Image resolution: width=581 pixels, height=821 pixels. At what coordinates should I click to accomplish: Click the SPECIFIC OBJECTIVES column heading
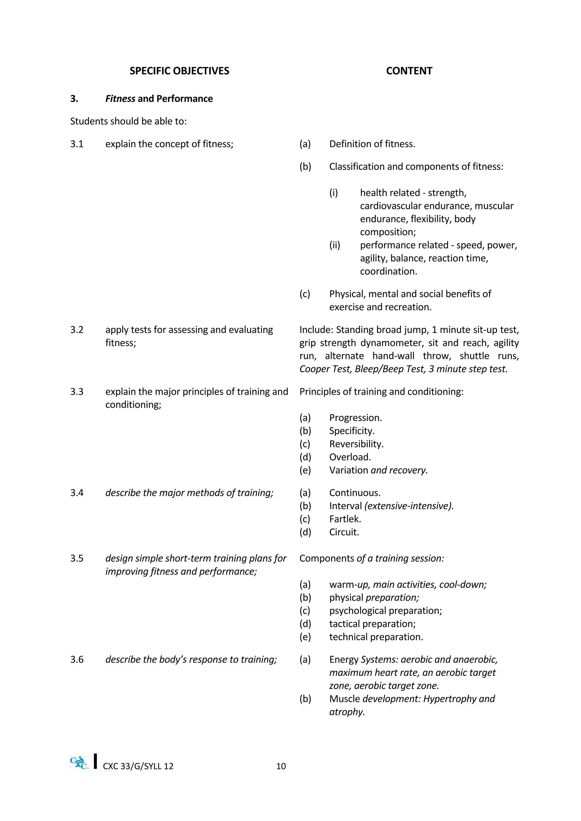pyautogui.click(x=179, y=71)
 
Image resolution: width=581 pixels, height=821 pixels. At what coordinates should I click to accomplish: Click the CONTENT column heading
pyautogui.click(x=409, y=71)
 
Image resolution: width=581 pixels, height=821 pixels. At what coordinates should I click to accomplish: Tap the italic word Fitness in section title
pyautogui.click(x=120, y=99)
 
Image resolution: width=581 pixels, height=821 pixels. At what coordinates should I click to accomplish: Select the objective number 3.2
pyautogui.click(x=77, y=330)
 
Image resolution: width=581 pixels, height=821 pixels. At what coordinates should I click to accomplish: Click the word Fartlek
pyautogui.click(x=345, y=519)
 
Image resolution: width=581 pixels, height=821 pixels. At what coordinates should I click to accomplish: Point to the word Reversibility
pyautogui.click(x=356, y=444)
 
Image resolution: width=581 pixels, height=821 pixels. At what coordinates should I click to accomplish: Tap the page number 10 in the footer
pyautogui.click(x=281, y=766)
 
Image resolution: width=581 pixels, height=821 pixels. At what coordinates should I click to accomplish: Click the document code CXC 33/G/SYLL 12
pyautogui.click(x=138, y=766)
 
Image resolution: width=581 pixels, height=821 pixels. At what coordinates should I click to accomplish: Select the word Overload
pyautogui.click(x=350, y=457)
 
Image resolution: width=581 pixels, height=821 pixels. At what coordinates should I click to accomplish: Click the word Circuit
pyautogui.click(x=344, y=532)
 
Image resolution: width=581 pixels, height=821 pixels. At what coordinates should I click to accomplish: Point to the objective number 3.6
pyautogui.click(x=77, y=659)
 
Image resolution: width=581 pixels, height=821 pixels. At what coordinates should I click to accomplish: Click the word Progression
pyautogui.click(x=355, y=418)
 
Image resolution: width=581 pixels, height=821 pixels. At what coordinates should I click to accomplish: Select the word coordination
pyautogui.click(x=388, y=271)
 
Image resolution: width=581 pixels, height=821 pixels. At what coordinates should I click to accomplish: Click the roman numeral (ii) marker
pyautogui.click(x=334, y=245)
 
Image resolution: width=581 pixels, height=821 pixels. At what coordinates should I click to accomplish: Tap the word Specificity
pyautogui.click(x=351, y=431)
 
